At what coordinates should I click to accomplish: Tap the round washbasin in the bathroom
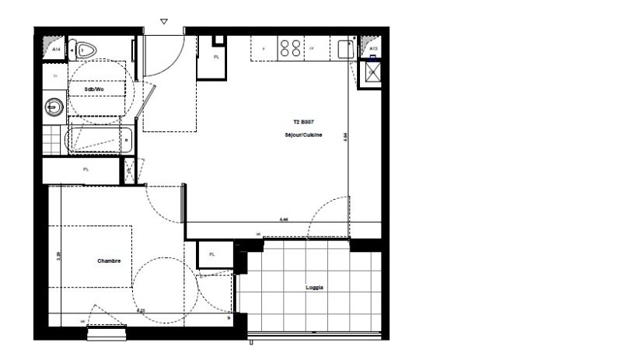[53, 106]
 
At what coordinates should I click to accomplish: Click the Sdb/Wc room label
[94, 89]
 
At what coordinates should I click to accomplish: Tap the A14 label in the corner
[56, 49]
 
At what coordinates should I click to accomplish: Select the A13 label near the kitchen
[373, 49]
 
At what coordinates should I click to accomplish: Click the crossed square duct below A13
[373, 73]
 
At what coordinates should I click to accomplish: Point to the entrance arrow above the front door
[163, 23]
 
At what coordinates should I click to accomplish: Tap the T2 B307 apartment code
[303, 122]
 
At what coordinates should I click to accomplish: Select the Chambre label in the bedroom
[109, 261]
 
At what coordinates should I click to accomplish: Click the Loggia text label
[314, 288]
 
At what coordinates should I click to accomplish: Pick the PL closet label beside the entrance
[215, 57]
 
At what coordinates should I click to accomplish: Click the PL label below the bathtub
[86, 170]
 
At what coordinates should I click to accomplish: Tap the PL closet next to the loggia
[211, 254]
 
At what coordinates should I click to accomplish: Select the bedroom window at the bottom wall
[107, 334]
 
